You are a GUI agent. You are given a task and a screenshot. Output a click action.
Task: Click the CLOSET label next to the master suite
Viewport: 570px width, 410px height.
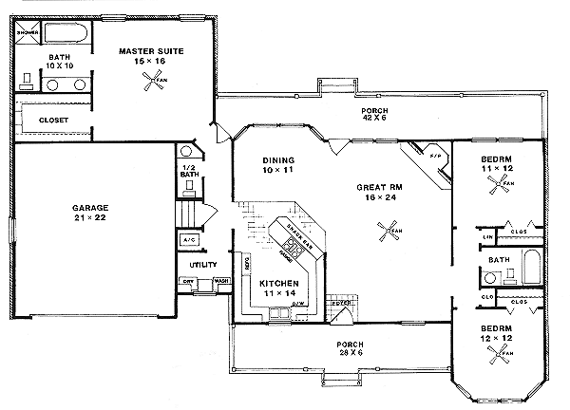[x=51, y=121]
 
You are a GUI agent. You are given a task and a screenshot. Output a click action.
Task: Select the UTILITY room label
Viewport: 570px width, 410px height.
[x=203, y=264]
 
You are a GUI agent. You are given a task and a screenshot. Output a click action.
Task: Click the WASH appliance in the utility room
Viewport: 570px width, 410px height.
[x=221, y=281]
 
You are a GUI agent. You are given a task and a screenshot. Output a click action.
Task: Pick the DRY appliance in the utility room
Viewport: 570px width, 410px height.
[x=188, y=281]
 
